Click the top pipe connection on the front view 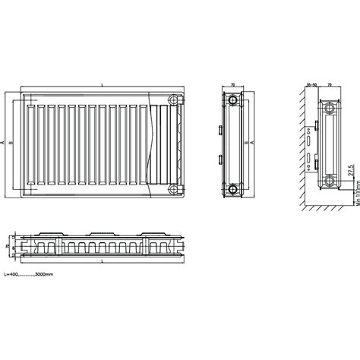coord(175,99)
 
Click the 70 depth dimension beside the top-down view coord(8,248)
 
